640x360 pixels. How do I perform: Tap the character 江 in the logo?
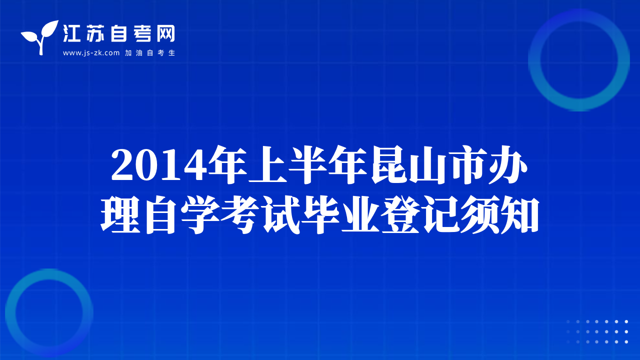(71, 33)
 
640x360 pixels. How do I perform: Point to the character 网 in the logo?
(165, 33)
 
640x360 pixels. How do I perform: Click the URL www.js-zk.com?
(91, 53)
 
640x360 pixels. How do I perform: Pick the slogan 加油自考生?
(150, 53)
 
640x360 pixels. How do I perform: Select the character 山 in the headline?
(428, 165)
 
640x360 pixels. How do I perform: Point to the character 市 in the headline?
(469, 165)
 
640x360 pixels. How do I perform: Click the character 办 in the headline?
(508, 165)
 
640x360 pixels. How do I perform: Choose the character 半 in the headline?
(307, 165)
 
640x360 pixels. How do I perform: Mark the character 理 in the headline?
(120, 214)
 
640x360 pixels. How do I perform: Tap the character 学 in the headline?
(200, 214)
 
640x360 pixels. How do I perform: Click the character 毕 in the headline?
(320, 214)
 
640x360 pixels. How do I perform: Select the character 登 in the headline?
(400, 214)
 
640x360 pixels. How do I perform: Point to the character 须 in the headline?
(479, 214)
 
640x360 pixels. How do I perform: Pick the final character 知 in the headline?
(519, 214)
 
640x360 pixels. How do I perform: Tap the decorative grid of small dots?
(597, 331)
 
